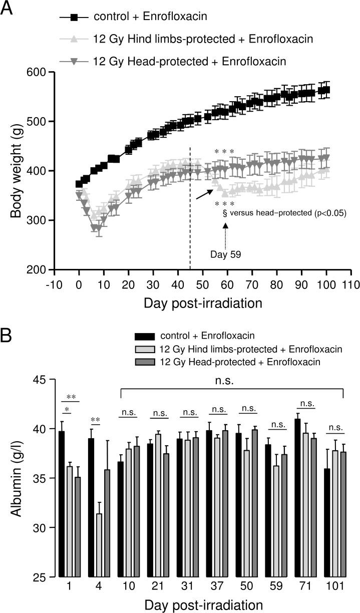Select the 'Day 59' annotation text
[x=225, y=254]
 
